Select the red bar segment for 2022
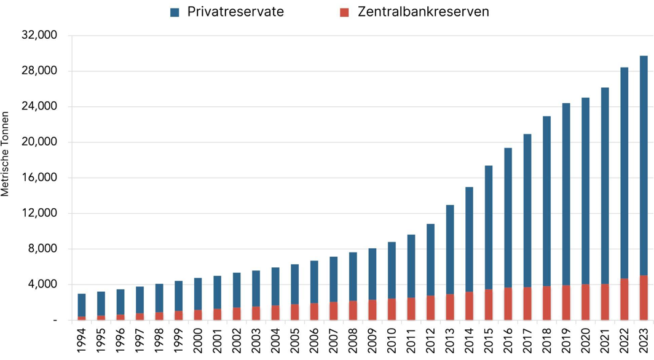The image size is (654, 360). click(x=624, y=299)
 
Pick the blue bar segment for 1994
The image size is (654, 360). click(x=82, y=305)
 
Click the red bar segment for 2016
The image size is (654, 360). click(x=508, y=303)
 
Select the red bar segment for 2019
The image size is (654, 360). click(x=565, y=302)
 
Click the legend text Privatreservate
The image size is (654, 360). click(x=235, y=12)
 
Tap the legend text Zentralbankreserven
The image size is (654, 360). click(x=423, y=12)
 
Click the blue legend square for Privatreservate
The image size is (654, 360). click(x=175, y=12)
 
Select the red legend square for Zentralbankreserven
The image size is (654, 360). click(x=344, y=12)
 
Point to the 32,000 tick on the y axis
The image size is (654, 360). click(x=39, y=36)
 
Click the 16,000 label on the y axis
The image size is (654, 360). click(x=39, y=178)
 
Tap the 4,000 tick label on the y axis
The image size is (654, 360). click(x=42, y=284)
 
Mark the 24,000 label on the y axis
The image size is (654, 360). click(x=39, y=107)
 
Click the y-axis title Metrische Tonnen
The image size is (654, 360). click(x=6, y=154)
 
